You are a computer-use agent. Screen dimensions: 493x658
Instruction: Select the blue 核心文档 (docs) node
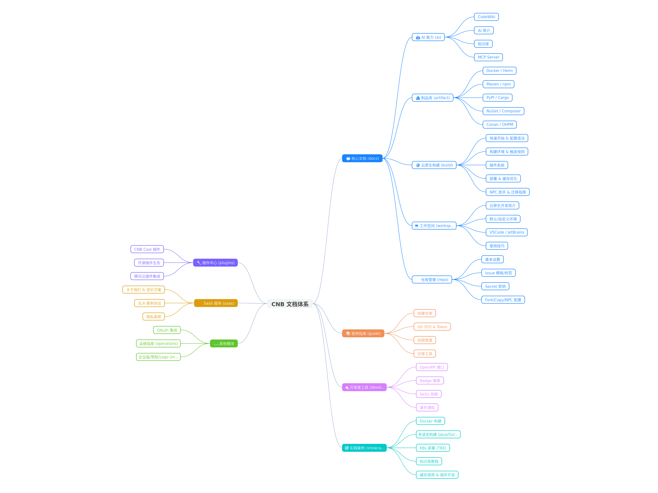click(x=362, y=158)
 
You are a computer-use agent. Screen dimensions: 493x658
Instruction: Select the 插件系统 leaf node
click(x=497, y=165)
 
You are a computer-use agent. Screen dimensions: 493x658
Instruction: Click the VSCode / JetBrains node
click(x=507, y=232)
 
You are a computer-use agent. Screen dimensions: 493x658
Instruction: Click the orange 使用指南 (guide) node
click(x=363, y=333)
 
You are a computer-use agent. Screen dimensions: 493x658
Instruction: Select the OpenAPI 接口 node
click(x=432, y=367)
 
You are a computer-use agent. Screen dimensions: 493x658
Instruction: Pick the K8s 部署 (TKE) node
click(x=433, y=448)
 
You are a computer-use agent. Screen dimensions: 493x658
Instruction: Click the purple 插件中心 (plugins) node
click(x=215, y=263)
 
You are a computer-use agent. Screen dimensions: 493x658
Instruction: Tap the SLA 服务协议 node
click(x=149, y=303)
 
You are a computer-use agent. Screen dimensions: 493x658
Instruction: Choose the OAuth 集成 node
click(x=167, y=330)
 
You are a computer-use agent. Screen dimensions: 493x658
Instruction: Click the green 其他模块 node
click(x=224, y=343)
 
